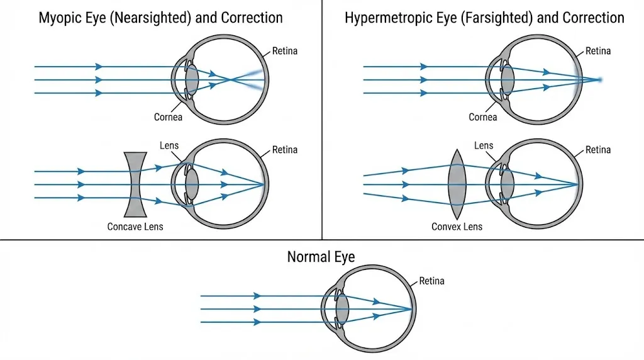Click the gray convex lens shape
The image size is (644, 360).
click(x=457, y=184)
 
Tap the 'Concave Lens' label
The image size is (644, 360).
click(x=135, y=226)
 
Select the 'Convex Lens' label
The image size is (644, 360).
click(x=457, y=226)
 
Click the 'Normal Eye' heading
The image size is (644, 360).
click(x=321, y=257)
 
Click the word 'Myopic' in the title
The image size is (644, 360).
click(x=60, y=17)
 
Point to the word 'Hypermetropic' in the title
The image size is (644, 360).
click(x=383, y=17)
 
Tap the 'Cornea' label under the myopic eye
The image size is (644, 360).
click(x=168, y=117)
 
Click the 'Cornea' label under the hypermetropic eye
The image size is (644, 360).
click(x=483, y=117)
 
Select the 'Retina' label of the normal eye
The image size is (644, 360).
click(x=431, y=281)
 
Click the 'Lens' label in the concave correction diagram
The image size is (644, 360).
click(x=169, y=145)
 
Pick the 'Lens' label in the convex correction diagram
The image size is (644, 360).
click(x=484, y=145)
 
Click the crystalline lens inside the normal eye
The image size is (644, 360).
click(x=342, y=308)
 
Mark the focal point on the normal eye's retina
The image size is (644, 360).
click(x=411, y=308)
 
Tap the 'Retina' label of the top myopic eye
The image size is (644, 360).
click(x=285, y=51)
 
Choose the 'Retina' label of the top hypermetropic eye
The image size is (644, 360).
click(x=598, y=51)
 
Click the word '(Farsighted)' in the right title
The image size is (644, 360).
click(x=502, y=17)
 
